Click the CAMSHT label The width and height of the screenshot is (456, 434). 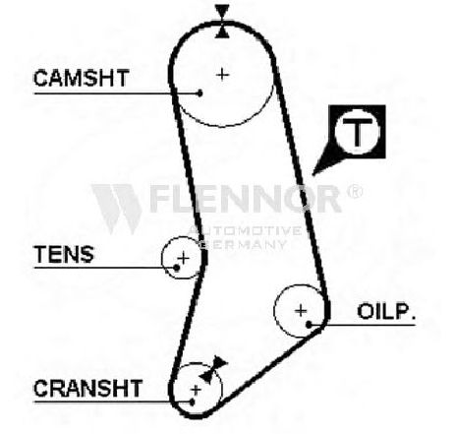[82, 78]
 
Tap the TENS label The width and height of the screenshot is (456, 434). [64, 254]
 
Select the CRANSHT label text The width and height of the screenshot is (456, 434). [88, 388]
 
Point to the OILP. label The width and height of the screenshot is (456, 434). [386, 311]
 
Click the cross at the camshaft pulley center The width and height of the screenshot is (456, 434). [222, 75]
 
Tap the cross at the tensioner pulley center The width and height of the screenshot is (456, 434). [184, 259]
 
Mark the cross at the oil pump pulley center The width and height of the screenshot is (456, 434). [301, 310]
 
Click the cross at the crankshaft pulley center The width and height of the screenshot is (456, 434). [196, 390]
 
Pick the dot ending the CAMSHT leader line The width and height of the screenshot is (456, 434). [199, 93]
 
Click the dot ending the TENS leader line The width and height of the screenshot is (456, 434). [177, 268]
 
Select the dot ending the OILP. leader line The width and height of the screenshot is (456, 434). [309, 325]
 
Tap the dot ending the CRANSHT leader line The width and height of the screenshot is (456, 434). [193, 402]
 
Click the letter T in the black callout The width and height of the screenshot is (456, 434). [357, 132]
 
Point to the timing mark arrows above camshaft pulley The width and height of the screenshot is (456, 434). [222, 22]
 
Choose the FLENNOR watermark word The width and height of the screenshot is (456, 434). [246, 199]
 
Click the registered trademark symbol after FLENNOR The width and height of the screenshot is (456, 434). [355, 191]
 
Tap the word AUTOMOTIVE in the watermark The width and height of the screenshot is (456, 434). [245, 230]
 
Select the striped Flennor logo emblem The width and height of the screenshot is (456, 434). [116, 209]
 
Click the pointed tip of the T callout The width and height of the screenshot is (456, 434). [313, 174]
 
